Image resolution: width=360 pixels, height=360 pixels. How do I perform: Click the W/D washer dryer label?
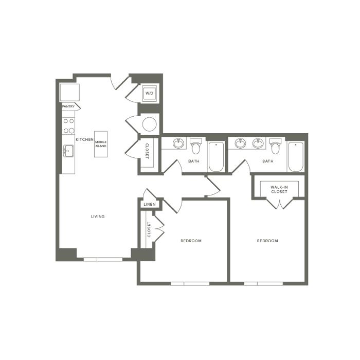pos(149,93)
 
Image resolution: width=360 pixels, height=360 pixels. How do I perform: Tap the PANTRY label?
pos(68,106)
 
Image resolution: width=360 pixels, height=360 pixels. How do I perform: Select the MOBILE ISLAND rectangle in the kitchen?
pos(101,144)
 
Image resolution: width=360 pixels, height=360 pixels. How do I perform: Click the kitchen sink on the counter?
pos(68,151)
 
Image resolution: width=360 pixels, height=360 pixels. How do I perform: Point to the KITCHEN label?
pos(85,139)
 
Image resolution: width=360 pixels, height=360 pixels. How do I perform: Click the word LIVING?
pos(98,217)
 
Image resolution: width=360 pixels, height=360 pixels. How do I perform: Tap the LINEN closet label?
pos(150,204)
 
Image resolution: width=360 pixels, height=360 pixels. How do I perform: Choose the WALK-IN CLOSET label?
pos(279,189)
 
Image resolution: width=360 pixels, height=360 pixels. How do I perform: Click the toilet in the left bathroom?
pos(196,146)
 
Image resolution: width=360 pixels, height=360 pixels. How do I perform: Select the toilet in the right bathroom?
pos(275,146)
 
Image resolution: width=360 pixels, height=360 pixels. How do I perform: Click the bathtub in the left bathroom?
pos(216,156)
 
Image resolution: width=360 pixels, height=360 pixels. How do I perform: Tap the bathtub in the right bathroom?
pos(296,156)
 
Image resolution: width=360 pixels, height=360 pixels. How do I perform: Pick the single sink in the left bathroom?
pos(178,143)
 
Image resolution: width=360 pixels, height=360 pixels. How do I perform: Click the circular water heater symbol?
pos(150,124)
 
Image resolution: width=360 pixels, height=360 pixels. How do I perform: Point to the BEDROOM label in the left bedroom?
pos(191,241)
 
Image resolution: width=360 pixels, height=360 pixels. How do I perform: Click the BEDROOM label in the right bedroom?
pos(267,241)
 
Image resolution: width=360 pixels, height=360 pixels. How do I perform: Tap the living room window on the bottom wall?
pos(103,259)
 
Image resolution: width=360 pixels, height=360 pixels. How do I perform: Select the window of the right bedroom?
pos(263,283)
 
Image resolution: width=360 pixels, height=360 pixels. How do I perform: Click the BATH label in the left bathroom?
pos(194,161)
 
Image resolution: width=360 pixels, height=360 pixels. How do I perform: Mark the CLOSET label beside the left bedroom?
pos(149,229)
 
